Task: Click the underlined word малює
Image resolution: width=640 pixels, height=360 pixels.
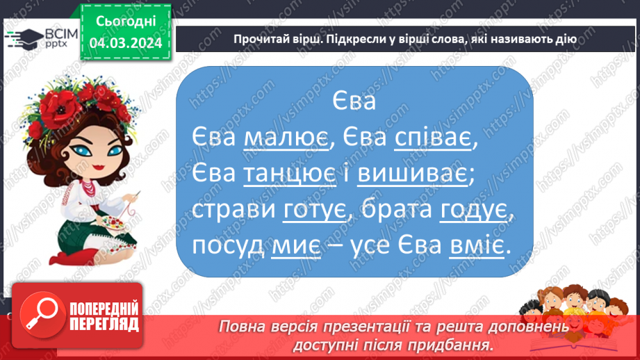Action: coord(285,139)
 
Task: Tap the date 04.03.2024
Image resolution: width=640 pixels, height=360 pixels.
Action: coord(125,43)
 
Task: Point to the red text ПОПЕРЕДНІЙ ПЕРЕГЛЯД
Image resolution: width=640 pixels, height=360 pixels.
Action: coord(103,316)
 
